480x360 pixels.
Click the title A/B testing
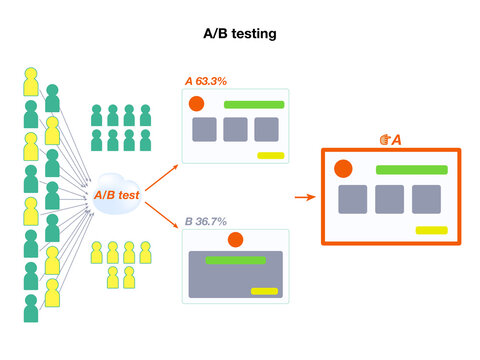click(x=239, y=34)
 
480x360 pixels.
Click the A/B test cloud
click(x=116, y=195)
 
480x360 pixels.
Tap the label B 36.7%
click(x=206, y=221)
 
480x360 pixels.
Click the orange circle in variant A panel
click(x=197, y=104)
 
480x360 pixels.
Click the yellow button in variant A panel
click(x=270, y=155)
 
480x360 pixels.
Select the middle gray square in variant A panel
click(x=235, y=129)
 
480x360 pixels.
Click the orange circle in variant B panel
click(x=235, y=240)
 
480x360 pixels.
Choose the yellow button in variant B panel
click(x=264, y=291)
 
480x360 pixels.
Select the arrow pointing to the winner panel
click(x=304, y=196)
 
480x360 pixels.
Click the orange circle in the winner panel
click(x=343, y=169)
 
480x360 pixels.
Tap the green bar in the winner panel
click(x=410, y=169)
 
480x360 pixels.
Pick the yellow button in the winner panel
click(x=431, y=230)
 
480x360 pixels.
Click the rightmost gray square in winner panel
click(x=426, y=199)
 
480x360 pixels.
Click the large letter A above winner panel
click(x=396, y=139)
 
